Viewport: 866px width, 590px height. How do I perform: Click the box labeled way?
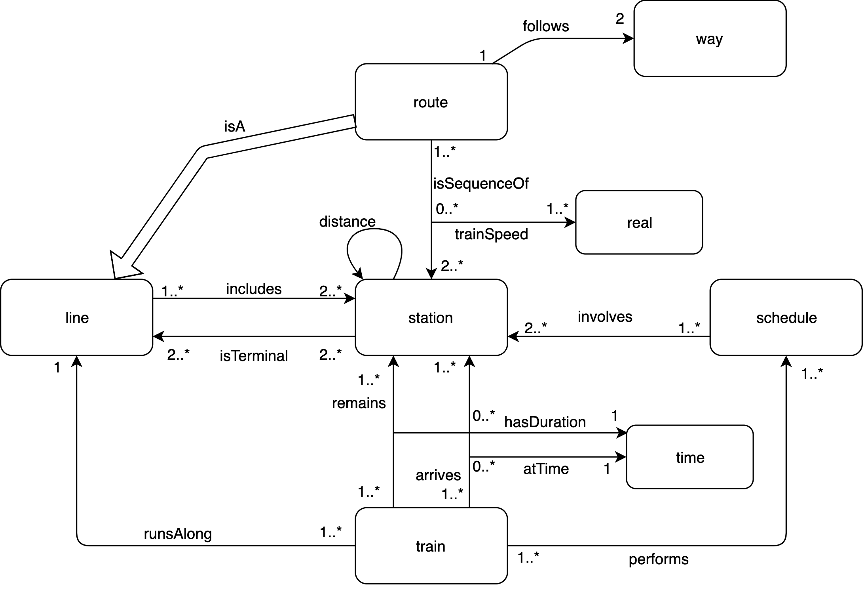[710, 39]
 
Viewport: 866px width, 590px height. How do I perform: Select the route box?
[431, 102]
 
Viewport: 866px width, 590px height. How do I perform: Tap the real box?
[639, 223]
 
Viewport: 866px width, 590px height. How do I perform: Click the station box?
[431, 318]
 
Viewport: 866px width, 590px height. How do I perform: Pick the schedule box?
[786, 318]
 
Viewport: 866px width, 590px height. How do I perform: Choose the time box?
[689, 457]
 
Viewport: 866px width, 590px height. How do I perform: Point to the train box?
[431, 546]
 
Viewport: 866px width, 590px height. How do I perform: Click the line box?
[77, 318]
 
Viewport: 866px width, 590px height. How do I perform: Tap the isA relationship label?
[235, 127]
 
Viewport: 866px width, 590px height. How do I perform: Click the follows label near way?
[546, 27]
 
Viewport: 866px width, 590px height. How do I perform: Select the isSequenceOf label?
[481, 184]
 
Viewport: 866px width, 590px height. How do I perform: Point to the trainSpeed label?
[491, 235]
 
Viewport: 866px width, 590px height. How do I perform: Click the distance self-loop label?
[347, 222]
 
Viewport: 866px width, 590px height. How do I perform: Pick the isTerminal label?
[254, 356]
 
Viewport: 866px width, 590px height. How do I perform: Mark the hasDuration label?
[545, 422]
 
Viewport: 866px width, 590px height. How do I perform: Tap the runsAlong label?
[178, 534]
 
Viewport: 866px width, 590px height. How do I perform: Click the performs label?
[659, 559]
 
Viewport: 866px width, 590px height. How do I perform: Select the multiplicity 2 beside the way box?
[620, 19]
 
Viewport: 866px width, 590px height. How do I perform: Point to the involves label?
[605, 317]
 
